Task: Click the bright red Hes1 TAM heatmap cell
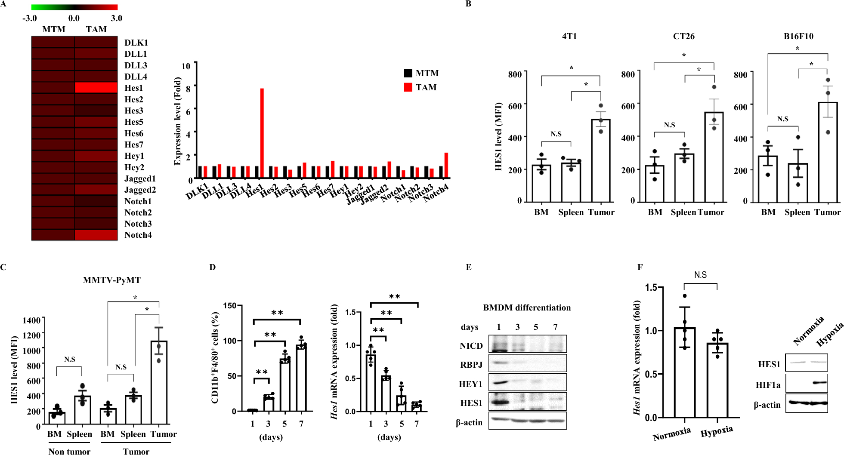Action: click(96, 88)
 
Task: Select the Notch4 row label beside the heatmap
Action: click(138, 235)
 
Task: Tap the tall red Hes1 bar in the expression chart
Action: click(262, 133)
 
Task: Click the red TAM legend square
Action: click(408, 87)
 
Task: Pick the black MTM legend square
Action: click(408, 73)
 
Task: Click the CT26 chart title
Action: click(683, 36)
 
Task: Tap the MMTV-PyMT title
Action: click(111, 280)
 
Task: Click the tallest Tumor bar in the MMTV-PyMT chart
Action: click(159, 383)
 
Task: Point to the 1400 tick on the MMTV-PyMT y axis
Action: click(31, 320)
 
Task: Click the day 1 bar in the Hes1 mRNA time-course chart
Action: click(371, 383)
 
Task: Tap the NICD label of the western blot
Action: click(471, 346)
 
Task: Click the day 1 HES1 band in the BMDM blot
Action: click(499, 403)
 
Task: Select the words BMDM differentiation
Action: click(527, 307)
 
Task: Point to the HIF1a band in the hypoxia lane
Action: click(819, 382)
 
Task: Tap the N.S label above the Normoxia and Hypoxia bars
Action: click(700, 275)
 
